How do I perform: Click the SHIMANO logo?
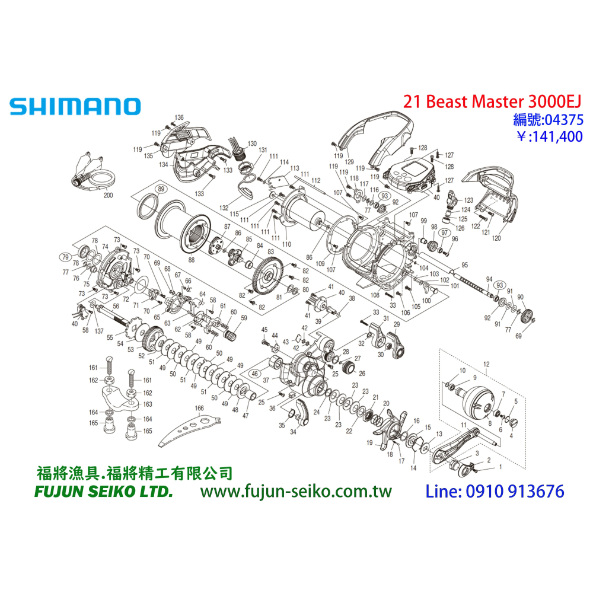pos(75,107)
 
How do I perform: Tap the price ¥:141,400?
pos(549,137)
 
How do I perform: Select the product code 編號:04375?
pos(547,120)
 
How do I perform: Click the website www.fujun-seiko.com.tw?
pos(296,492)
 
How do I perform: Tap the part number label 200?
pos(107,195)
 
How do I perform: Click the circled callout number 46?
pos(254,374)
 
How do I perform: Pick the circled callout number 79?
pos(64,257)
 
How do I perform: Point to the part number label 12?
pos(486,363)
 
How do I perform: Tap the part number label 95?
pos(464,264)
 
